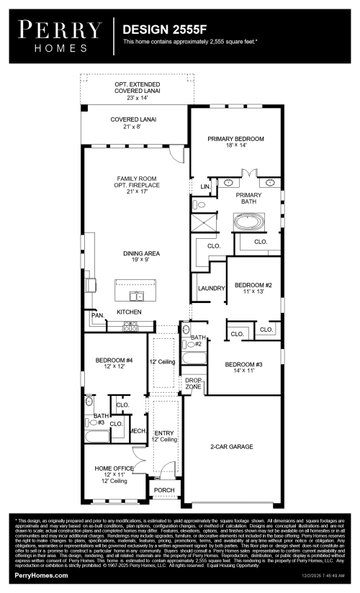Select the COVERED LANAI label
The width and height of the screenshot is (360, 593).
click(x=134, y=122)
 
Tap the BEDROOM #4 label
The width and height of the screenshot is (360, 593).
click(x=114, y=363)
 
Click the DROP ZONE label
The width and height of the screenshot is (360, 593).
click(x=193, y=383)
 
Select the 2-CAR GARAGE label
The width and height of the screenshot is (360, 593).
click(x=231, y=447)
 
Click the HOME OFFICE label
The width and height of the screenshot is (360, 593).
click(x=114, y=472)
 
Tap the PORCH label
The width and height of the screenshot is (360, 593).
click(x=164, y=491)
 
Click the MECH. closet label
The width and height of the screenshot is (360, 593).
click(x=138, y=430)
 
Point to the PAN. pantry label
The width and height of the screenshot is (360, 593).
click(x=96, y=315)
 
